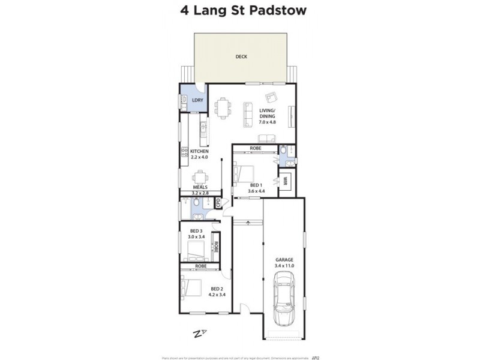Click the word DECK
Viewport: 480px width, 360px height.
(241, 58)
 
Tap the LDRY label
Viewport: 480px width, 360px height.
(197, 100)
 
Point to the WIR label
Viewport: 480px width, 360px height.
(286, 180)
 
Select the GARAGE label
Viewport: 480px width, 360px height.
(284, 260)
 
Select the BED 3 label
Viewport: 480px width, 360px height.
(197, 231)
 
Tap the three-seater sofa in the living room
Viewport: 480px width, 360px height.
(247, 114)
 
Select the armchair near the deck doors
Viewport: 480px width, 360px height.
(271, 98)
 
